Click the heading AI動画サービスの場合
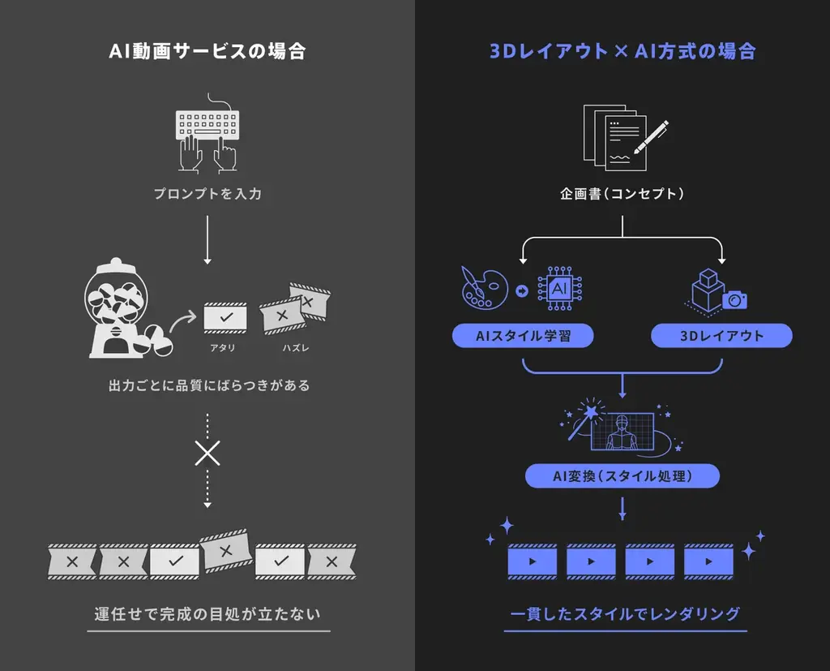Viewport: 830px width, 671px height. click(x=207, y=51)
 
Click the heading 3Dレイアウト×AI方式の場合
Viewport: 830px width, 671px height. click(x=622, y=51)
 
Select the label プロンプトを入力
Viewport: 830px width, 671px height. click(x=207, y=195)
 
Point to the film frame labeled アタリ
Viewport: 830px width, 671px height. click(x=225, y=316)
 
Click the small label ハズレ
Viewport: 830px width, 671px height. click(x=295, y=349)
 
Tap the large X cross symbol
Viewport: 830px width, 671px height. click(x=207, y=453)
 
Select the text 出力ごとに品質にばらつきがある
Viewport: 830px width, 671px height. click(x=207, y=385)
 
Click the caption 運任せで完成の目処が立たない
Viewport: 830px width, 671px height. click(x=207, y=613)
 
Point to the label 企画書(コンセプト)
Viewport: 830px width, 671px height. click(x=622, y=195)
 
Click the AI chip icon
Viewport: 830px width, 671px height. click(x=560, y=289)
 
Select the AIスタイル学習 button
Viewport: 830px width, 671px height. click(x=522, y=336)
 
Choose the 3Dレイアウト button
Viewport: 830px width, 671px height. click(x=721, y=336)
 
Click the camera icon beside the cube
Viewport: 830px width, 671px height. click(x=734, y=300)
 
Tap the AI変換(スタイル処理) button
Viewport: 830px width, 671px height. click(x=622, y=476)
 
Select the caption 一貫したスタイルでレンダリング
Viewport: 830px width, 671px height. click(x=625, y=613)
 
